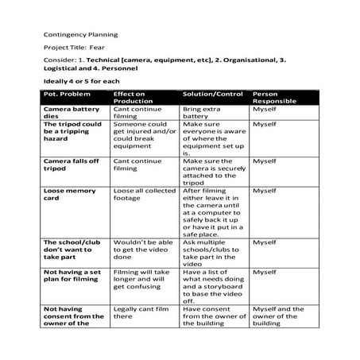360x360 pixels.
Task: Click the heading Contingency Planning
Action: coord(79,35)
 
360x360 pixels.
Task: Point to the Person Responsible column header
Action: coord(274,98)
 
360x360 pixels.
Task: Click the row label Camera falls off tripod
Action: coord(71,165)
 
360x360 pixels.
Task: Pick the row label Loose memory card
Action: coord(69,195)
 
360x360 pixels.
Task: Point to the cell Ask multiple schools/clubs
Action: coord(211,253)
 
